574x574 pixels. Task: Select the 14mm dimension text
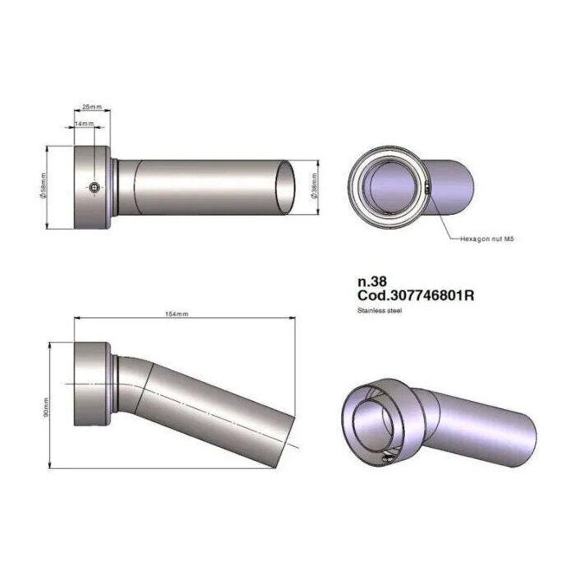(84, 123)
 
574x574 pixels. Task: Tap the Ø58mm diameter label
(44, 187)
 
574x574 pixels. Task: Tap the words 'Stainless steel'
(379, 311)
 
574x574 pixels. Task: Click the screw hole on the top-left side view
(96, 188)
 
